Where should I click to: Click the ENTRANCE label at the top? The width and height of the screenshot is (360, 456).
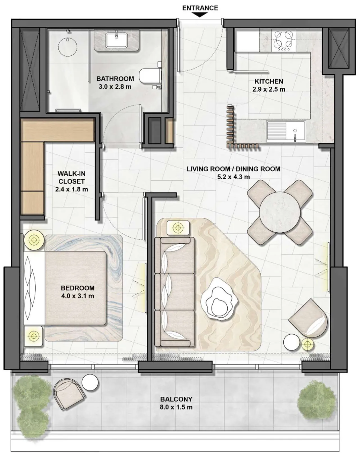(x=200, y=8)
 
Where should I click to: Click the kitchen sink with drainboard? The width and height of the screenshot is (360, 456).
(x=286, y=131)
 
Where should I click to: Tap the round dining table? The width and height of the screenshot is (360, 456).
(x=280, y=213)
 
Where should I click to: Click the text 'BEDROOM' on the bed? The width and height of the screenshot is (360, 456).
(x=77, y=288)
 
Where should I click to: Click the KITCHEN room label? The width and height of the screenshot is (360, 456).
(x=269, y=82)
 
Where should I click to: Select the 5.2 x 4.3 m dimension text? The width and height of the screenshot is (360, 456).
(x=234, y=176)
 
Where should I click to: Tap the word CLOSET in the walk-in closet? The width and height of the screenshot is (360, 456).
(x=71, y=181)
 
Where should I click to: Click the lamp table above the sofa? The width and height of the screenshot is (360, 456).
(x=178, y=228)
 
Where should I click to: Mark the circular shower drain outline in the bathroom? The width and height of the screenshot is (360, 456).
(x=67, y=47)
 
